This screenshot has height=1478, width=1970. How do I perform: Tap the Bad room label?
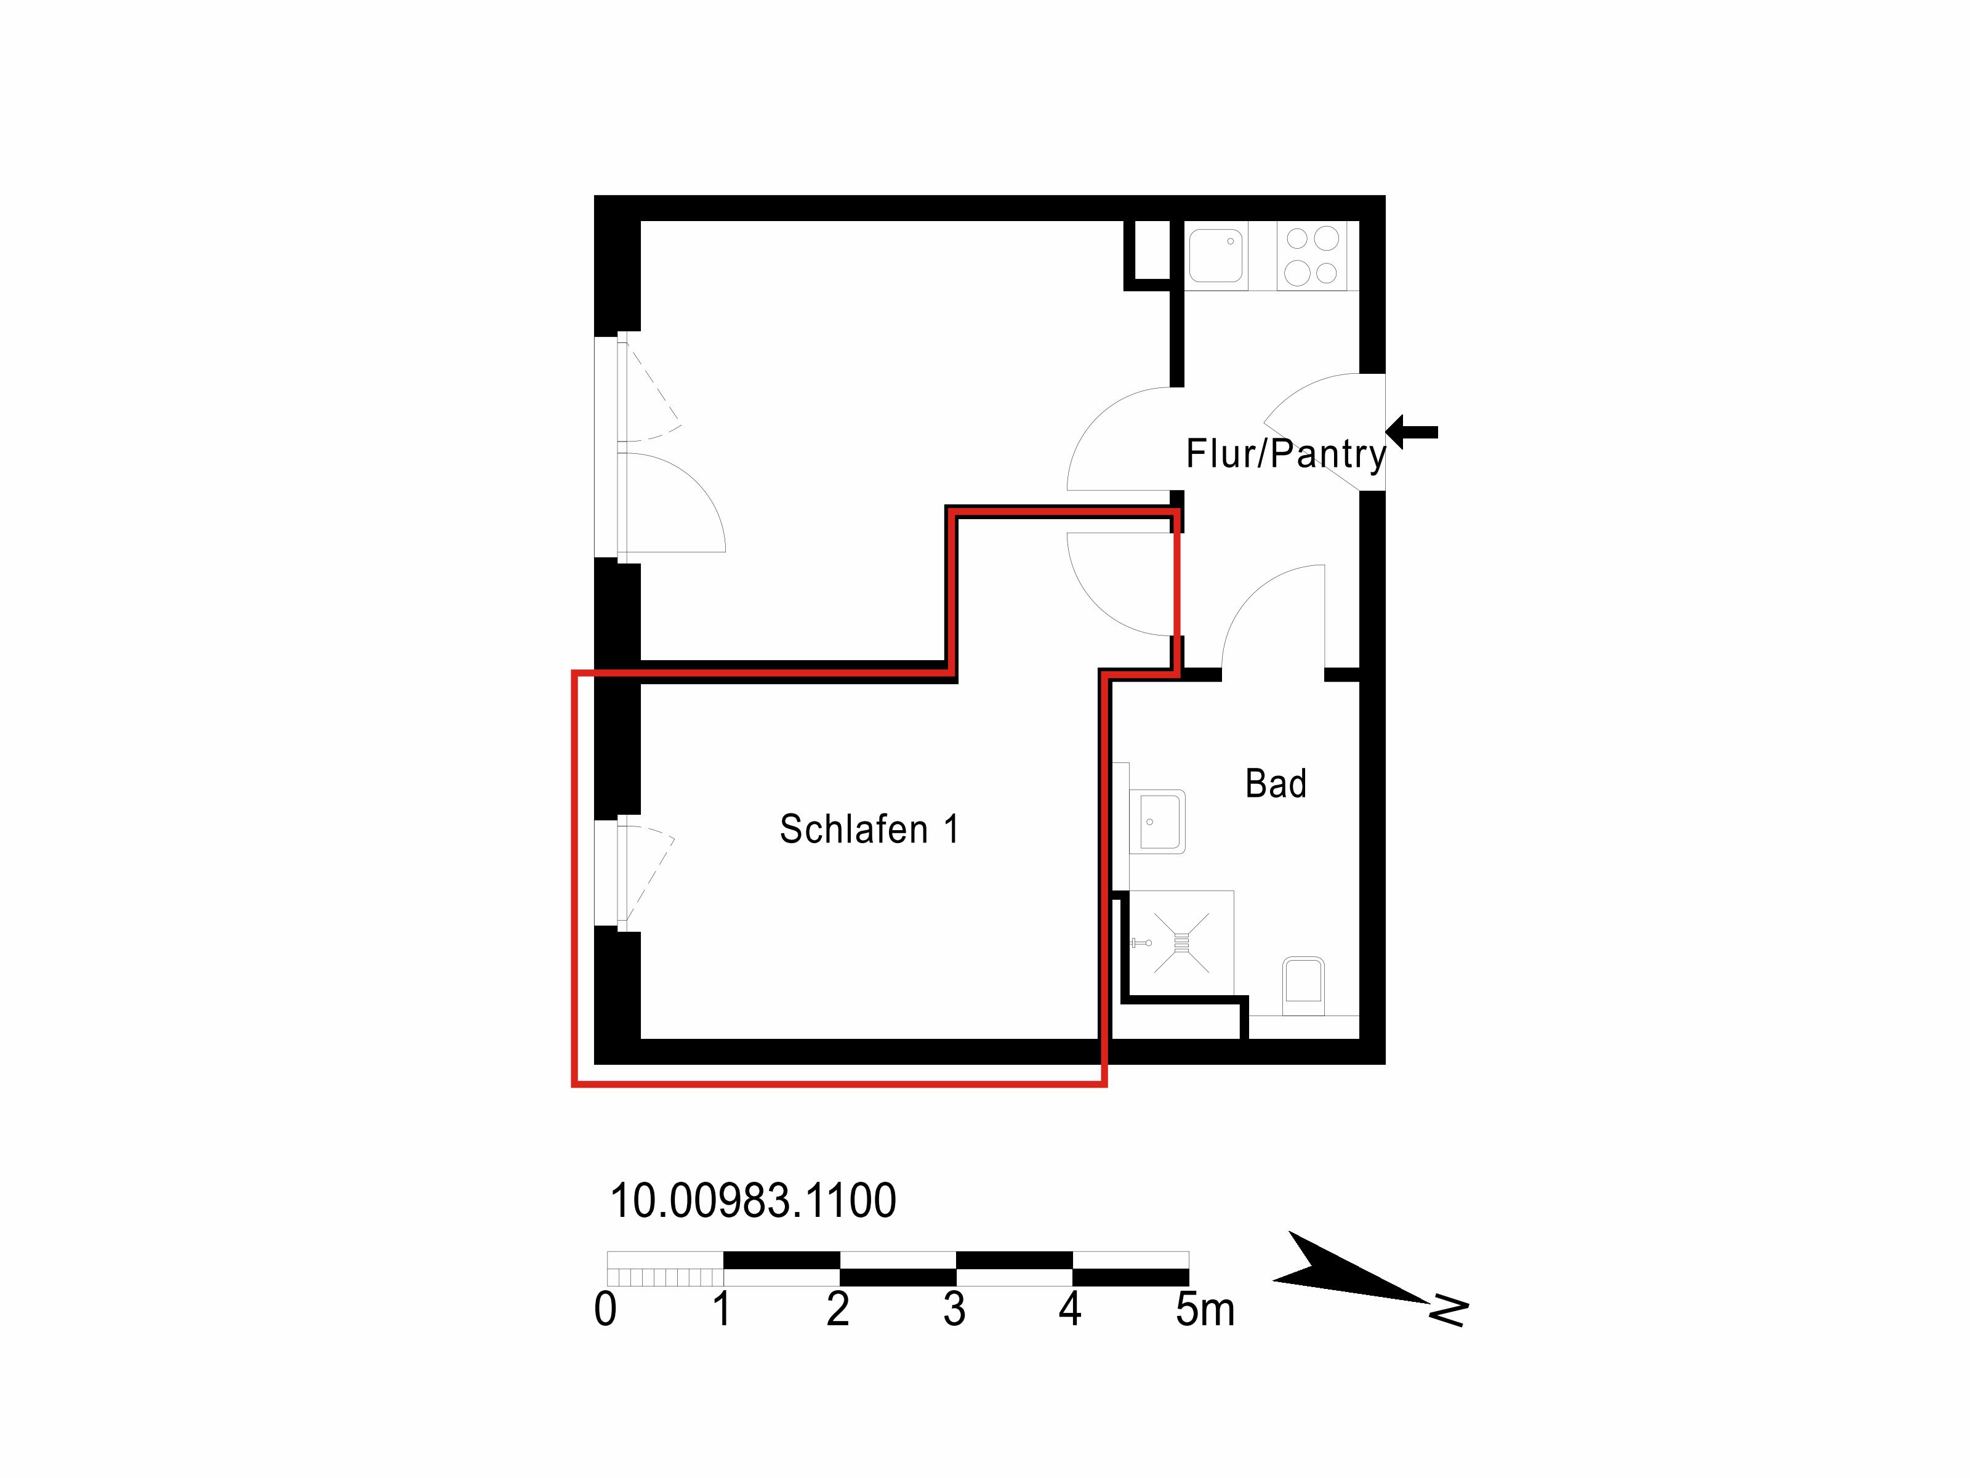pyautogui.click(x=1276, y=784)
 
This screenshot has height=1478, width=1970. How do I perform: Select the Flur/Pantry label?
pyautogui.click(x=1286, y=453)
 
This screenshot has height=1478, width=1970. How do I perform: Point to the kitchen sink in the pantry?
pyautogui.click(x=1216, y=256)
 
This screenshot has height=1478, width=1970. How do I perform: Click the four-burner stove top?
pyautogui.click(x=1312, y=256)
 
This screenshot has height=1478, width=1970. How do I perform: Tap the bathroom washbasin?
pyautogui.click(x=1158, y=822)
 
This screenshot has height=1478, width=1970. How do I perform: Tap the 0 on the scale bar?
pyautogui.click(x=606, y=1309)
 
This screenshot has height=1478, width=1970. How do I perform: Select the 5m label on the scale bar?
pyautogui.click(x=1205, y=1309)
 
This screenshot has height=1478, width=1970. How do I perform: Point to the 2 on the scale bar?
pyautogui.click(x=838, y=1309)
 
